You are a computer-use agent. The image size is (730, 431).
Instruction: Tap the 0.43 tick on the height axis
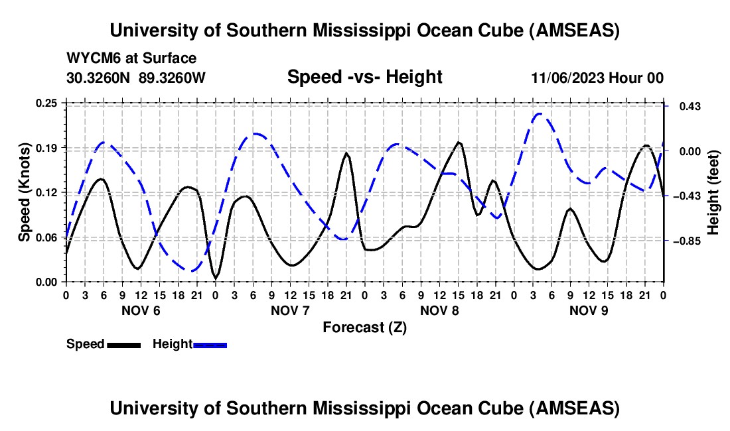[x=682, y=106]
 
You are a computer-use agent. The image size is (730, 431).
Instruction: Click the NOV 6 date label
[x=141, y=310]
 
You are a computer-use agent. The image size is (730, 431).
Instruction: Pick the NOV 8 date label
[x=439, y=310]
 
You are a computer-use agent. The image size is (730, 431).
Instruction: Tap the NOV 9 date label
[x=589, y=310]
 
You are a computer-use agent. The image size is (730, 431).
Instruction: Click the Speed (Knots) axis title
[x=24, y=192]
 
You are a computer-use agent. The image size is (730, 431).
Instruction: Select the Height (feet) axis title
[x=713, y=192]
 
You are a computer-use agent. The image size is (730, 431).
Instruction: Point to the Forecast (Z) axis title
[x=364, y=327]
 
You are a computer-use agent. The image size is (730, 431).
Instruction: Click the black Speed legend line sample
[x=123, y=344]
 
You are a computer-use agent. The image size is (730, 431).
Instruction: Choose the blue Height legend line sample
[x=210, y=344]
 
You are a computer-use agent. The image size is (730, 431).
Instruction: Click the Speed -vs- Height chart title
[x=364, y=77]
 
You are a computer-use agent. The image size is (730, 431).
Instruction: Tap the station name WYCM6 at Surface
[x=131, y=58]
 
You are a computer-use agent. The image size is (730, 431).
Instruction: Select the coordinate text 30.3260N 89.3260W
[x=136, y=78]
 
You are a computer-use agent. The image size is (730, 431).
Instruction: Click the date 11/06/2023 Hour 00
[x=597, y=78]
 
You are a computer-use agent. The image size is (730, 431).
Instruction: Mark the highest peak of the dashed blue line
[x=539, y=113]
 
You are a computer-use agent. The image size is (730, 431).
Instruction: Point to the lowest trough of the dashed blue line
[x=192, y=271]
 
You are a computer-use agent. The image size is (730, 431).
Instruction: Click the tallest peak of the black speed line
[x=459, y=142]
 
